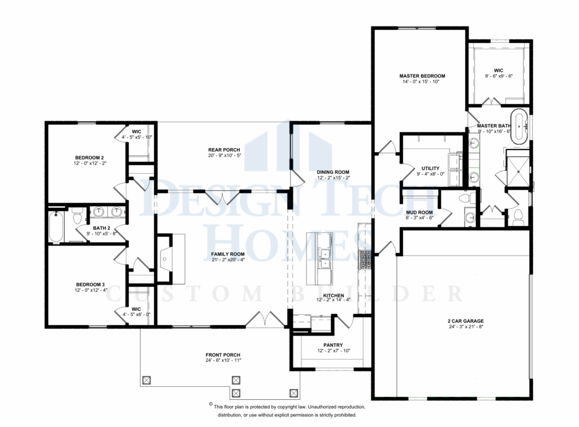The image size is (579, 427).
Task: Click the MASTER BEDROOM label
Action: (x=422, y=75)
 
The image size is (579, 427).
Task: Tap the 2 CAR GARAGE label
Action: (x=465, y=321)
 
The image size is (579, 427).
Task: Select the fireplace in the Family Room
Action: (x=164, y=260)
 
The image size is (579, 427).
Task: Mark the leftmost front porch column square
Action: (x=146, y=380)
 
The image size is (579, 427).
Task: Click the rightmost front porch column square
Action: (x=293, y=392)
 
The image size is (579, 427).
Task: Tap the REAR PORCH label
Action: (x=224, y=150)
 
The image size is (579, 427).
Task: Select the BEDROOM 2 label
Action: (x=89, y=157)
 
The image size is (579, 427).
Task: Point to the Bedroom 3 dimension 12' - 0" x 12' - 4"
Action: (x=90, y=290)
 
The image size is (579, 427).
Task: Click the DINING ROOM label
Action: (x=334, y=172)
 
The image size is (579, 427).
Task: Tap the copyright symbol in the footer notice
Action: (x=210, y=406)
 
